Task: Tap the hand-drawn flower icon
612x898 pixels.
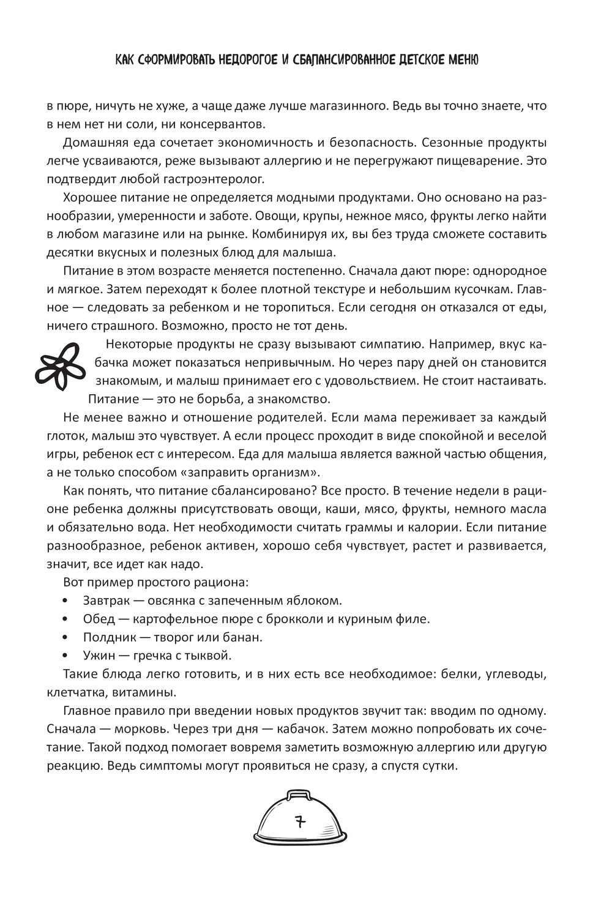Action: [58, 365]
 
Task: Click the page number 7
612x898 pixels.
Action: [300, 821]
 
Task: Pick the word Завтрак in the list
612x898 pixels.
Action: [105, 601]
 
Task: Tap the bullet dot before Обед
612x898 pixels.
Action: [67, 619]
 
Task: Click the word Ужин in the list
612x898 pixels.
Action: [99, 656]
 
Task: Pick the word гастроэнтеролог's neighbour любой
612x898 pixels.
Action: [152, 179]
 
